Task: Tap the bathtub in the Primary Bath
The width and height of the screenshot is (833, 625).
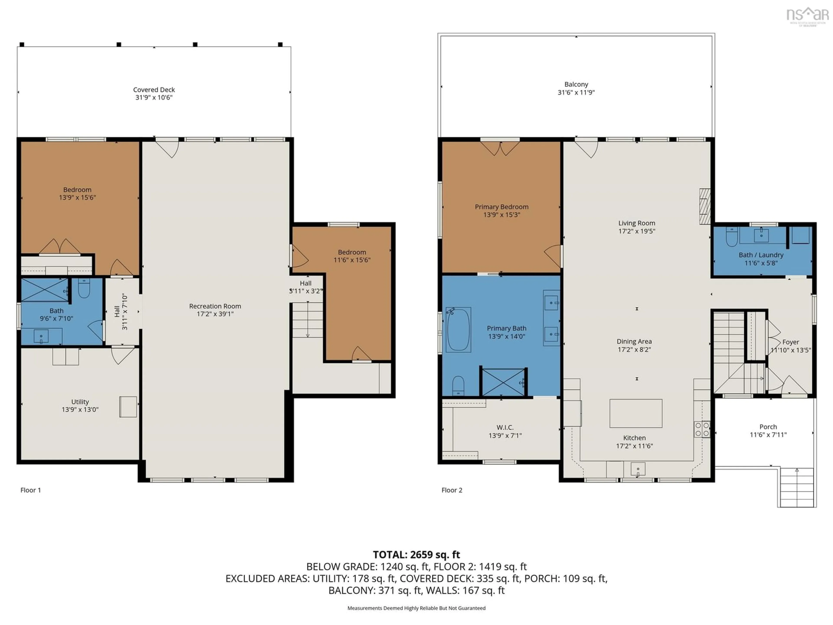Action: tap(458, 330)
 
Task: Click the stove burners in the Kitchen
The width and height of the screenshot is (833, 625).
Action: tap(702, 429)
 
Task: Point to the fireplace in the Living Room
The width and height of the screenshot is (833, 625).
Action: tap(705, 206)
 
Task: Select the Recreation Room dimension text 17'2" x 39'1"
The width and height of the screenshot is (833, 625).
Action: tap(215, 314)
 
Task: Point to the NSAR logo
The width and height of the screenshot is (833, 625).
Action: tap(807, 16)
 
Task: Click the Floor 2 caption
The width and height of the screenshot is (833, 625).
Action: tap(451, 490)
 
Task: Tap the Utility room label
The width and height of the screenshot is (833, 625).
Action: tap(80, 402)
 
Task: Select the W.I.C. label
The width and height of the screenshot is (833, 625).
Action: tap(505, 427)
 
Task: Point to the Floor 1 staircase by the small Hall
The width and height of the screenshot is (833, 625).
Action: tap(308, 319)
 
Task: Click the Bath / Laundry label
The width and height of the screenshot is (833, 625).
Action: tap(761, 255)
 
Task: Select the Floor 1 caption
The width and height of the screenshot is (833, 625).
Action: tap(31, 490)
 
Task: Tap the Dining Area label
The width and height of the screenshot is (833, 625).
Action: tap(634, 341)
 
